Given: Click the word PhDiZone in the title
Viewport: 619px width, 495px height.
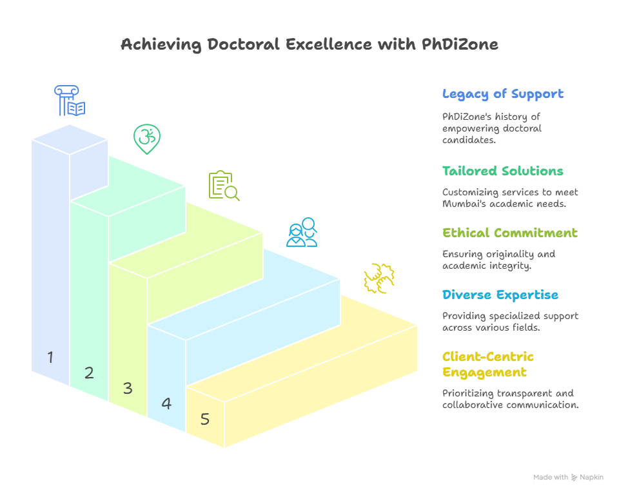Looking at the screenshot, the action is [460, 44].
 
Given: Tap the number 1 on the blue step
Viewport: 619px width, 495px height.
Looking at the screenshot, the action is [50, 357].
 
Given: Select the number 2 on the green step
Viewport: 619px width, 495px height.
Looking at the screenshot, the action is [89, 373].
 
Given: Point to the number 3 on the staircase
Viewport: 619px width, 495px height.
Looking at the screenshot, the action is [128, 388].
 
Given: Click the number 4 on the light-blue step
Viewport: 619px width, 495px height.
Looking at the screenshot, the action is [166, 403].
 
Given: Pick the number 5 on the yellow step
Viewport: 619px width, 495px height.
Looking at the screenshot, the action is [205, 419].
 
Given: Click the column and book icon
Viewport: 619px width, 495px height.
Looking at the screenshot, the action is [70, 101].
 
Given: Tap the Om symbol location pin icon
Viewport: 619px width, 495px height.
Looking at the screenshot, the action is [147, 139].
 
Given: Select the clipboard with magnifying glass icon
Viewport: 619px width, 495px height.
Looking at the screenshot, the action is [224, 186].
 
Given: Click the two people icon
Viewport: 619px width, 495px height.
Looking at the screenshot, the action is [302, 232].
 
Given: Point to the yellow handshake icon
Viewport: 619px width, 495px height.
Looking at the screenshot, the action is [379, 278].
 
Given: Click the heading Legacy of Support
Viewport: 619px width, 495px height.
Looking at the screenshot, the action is [503, 94].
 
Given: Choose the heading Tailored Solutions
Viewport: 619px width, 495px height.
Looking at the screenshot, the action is [502, 171].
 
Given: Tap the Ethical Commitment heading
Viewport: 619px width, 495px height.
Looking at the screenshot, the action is [509, 233].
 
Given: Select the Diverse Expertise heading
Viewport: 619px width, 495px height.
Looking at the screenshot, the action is [500, 295].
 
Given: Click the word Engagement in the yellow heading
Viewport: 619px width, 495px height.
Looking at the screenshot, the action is [484, 373].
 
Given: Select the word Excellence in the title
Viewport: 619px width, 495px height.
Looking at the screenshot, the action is [329, 44].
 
